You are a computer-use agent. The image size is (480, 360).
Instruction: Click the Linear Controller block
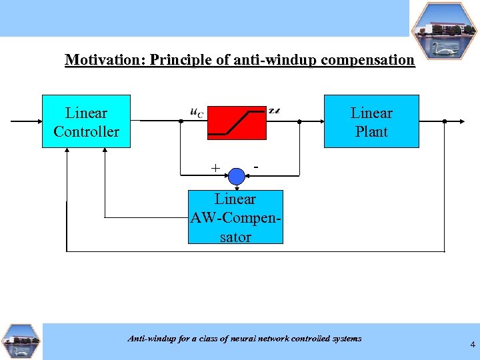coord(86,121)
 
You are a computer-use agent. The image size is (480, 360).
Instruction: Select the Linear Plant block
coord(371,121)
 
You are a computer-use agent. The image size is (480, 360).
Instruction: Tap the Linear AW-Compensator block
coord(235,217)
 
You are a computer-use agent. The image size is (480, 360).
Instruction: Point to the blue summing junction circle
coord(237,176)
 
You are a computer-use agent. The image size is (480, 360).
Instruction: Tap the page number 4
coord(472,345)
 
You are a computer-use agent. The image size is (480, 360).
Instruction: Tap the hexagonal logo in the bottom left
coord(21,342)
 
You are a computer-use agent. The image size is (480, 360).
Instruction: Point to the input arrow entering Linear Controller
coord(27,121)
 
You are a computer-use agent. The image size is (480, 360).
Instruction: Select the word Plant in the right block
coord(371,131)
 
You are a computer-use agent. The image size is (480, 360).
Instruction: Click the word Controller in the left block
coord(86,131)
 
